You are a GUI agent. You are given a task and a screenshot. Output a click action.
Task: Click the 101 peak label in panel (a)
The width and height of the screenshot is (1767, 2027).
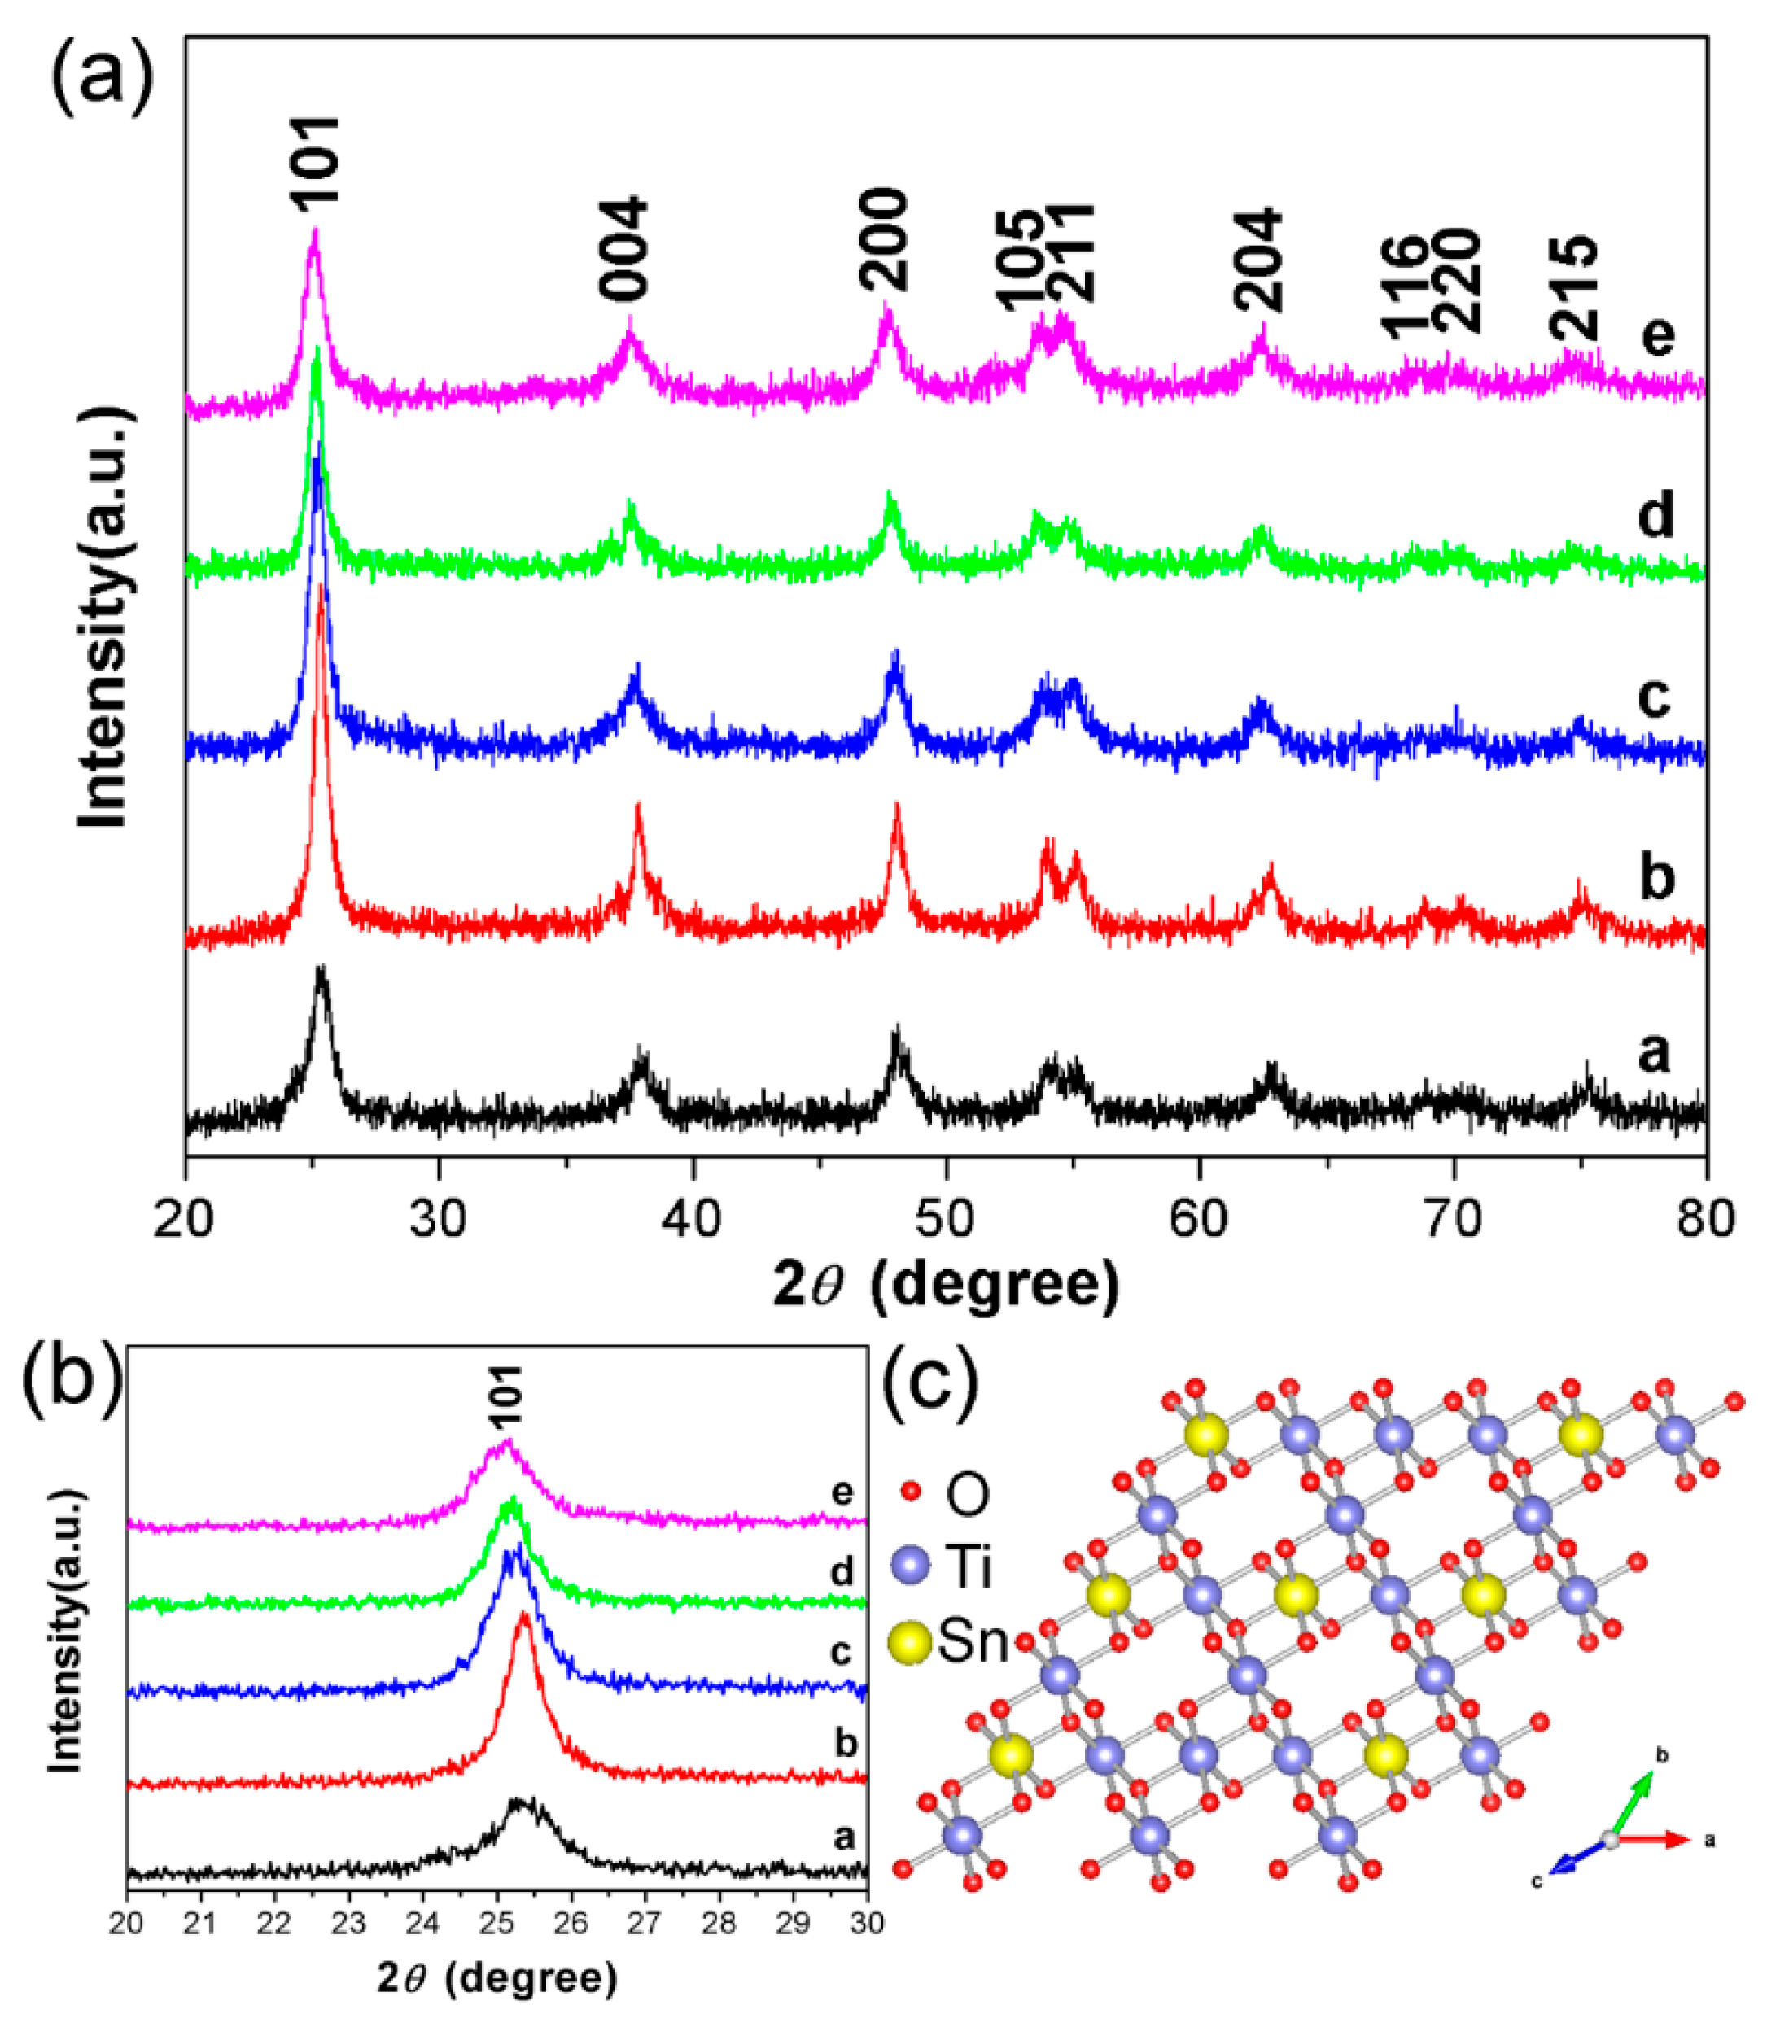317,159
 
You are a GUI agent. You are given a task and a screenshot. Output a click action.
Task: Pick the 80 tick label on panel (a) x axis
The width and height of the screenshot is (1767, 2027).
1705,1219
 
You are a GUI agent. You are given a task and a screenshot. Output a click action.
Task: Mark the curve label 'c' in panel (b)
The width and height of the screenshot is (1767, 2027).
840,1650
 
